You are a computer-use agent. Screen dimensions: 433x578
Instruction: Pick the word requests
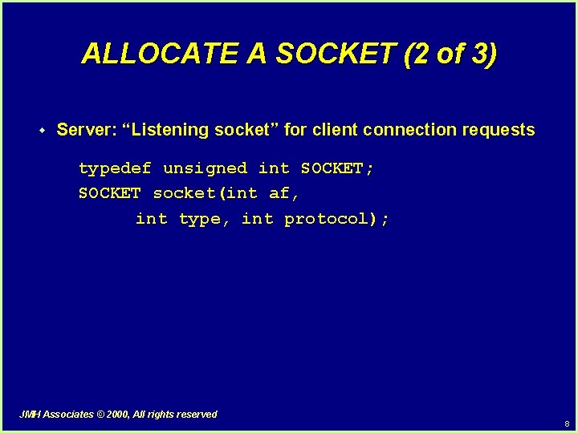[499, 130]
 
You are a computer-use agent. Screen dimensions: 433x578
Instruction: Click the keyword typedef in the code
[115, 168]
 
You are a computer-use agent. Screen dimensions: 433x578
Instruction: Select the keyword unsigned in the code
[205, 168]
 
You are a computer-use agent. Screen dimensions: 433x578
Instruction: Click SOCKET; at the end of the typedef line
[337, 168]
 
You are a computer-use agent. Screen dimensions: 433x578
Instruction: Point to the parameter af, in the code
[284, 193]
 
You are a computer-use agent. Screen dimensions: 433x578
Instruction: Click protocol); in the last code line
[337, 219]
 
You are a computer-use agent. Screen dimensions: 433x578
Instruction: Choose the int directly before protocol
[257, 219]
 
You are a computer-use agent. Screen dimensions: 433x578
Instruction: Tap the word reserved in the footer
[197, 415]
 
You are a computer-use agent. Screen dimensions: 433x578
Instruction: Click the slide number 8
[566, 423]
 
